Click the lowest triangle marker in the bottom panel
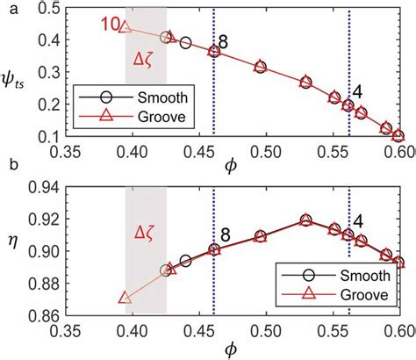point(126,298)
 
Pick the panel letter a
point(8,7)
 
